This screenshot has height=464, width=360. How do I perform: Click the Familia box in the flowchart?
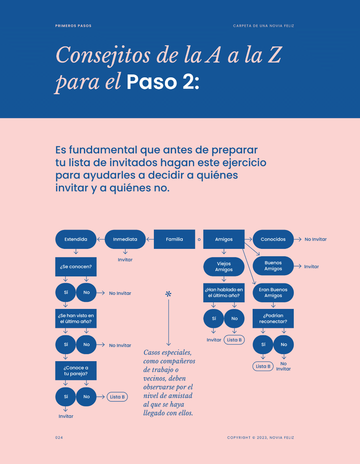(x=174, y=239)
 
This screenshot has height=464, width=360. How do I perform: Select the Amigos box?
(x=224, y=239)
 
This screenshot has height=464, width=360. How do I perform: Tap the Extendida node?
(x=76, y=239)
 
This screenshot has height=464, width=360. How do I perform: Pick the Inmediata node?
(x=125, y=239)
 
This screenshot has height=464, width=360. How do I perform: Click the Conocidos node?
(x=273, y=239)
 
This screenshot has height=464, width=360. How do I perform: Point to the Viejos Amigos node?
(x=224, y=267)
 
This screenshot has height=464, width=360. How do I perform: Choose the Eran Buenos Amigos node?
(x=273, y=292)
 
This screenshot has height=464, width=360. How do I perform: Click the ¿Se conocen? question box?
(x=76, y=267)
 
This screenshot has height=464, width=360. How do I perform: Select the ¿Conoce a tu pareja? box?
(x=76, y=371)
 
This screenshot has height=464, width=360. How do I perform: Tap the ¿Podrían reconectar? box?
(x=273, y=318)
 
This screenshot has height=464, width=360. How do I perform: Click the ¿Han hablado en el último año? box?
(x=224, y=292)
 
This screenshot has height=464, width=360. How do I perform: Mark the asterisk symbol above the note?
(x=168, y=294)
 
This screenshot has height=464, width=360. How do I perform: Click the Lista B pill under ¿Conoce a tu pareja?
(x=117, y=397)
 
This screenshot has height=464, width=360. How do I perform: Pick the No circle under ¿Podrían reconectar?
(x=283, y=344)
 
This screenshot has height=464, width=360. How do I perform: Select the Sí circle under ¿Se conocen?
(x=66, y=292)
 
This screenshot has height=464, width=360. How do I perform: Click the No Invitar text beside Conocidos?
(x=316, y=239)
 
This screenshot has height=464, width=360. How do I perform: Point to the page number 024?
(x=59, y=438)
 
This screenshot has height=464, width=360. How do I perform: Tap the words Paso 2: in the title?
(x=163, y=82)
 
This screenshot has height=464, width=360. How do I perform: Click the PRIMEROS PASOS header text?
(x=73, y=26)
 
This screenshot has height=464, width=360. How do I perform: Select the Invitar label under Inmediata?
(x=125, y=260)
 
